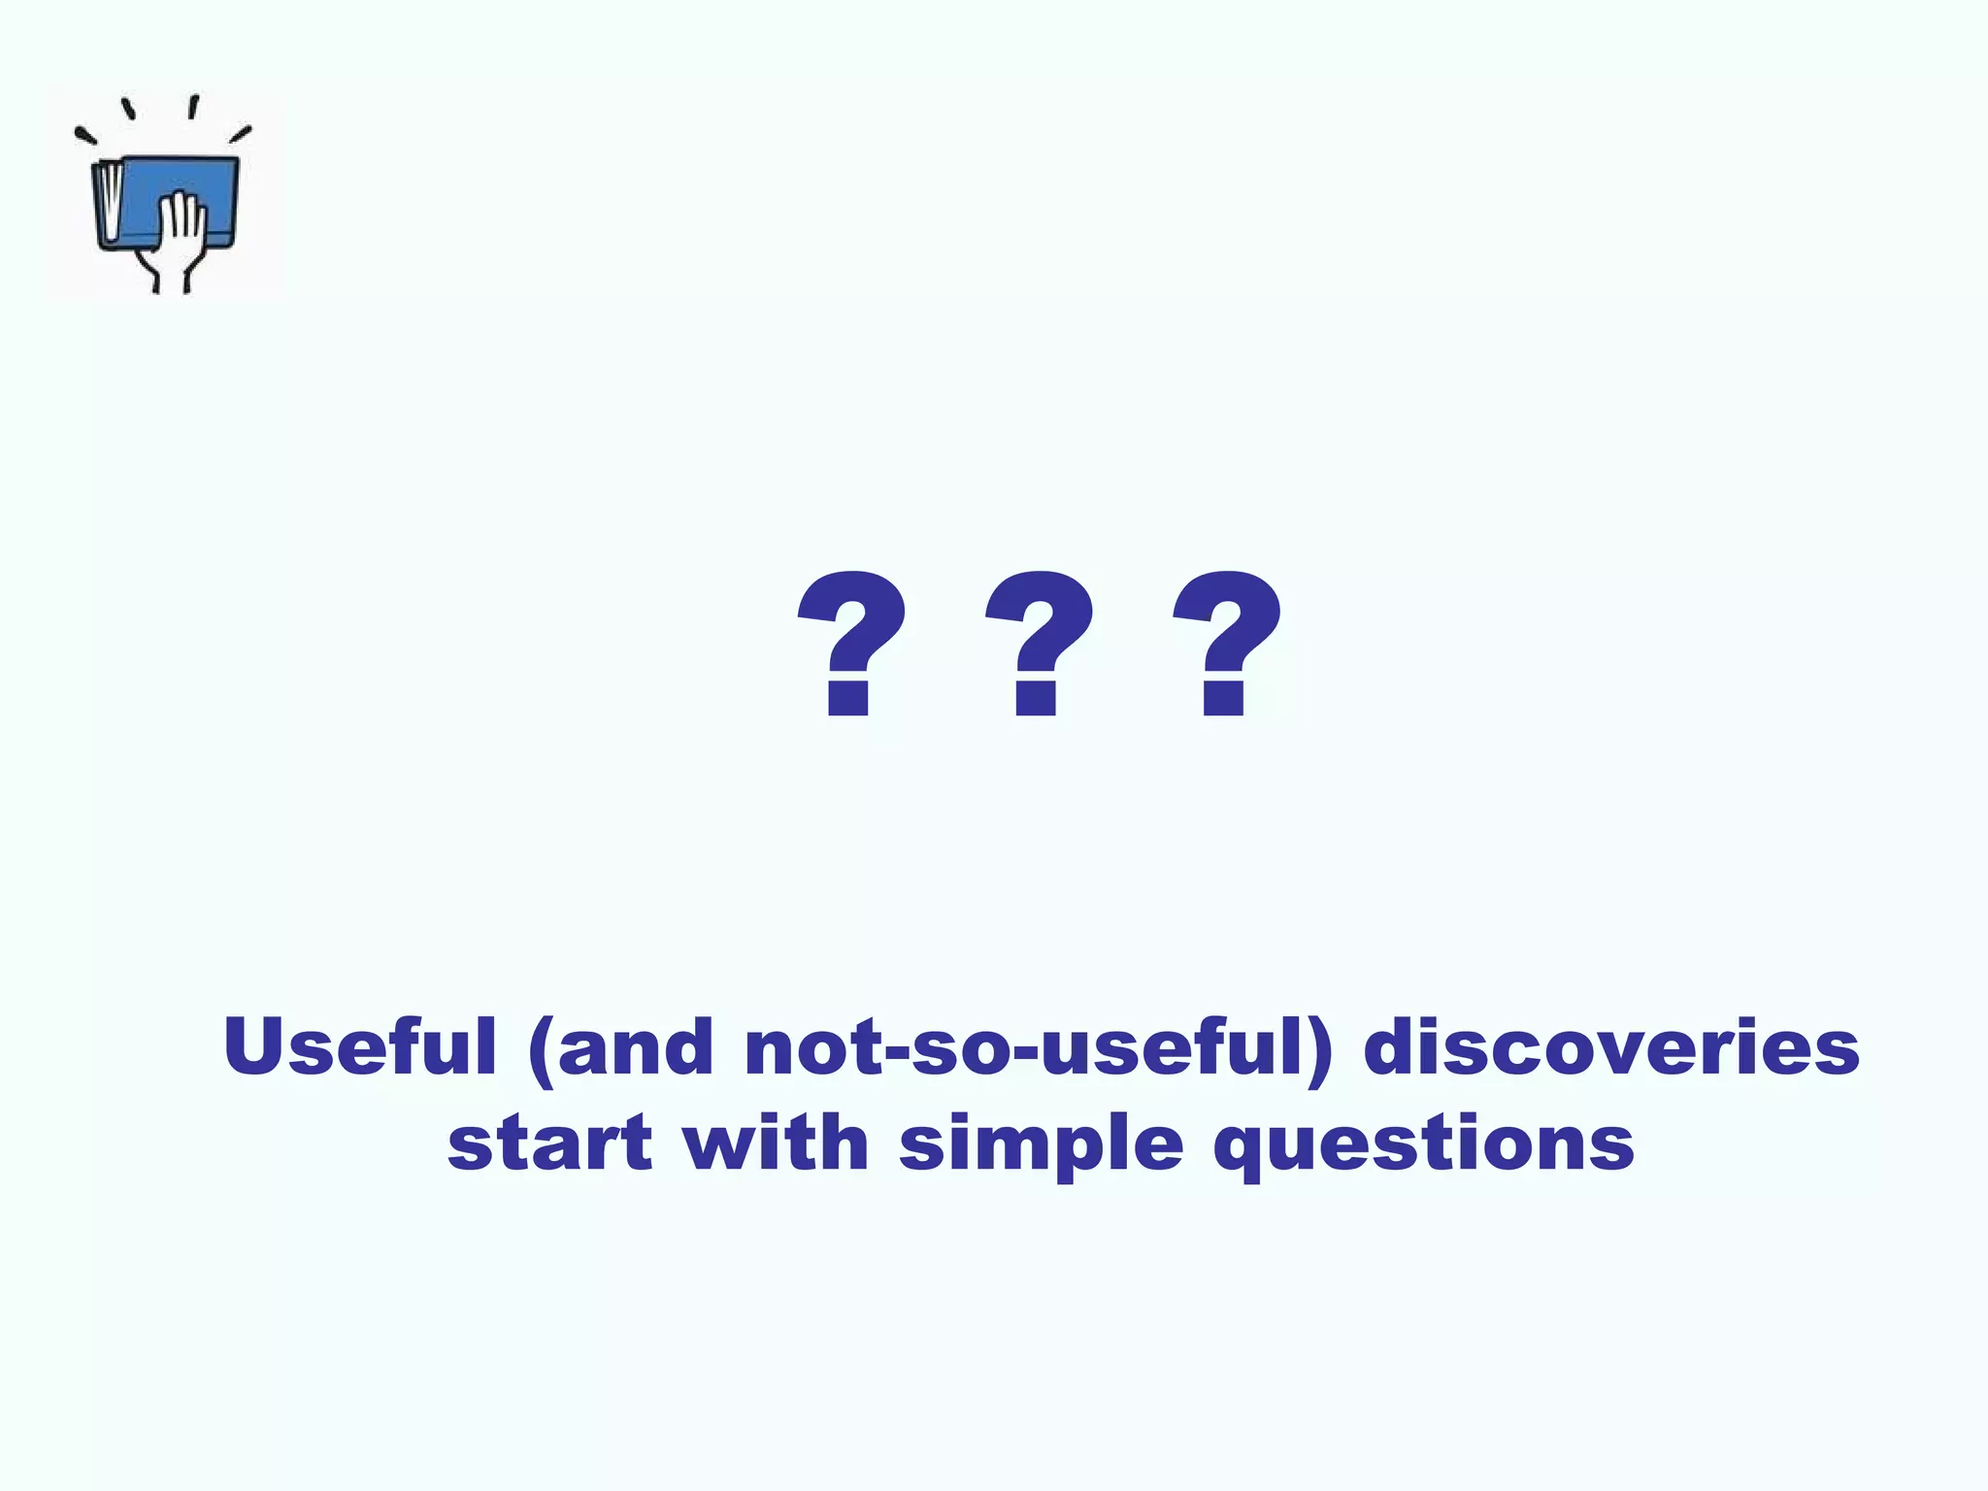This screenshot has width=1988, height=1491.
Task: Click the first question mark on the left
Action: click(851, 641)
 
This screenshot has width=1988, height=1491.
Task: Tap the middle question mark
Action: click(1039, 641)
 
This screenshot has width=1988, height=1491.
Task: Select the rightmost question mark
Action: click(1226, 641)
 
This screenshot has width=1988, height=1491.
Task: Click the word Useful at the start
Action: click(359, 1046)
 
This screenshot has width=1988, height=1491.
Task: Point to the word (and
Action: click(621, 1048)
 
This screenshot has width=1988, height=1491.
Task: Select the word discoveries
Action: click(1611, 1046)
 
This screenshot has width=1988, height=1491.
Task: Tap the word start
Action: click(549, 1143)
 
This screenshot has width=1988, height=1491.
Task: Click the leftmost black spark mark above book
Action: click(85, 137)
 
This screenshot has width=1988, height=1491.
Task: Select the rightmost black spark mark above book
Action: click(241, 133)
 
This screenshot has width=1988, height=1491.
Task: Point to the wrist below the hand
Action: click(171, 277)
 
